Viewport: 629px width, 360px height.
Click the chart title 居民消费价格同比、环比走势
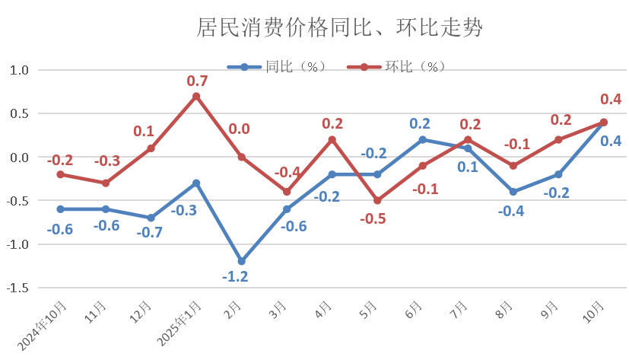[x=339, y=28]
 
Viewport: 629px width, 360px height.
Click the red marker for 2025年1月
[x=196, y=97]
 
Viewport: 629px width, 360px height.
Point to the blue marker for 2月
[x=241, y=261]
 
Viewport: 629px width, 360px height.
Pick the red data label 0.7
[x=197, y=80]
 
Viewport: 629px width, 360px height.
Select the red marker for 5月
[x=377, y=201]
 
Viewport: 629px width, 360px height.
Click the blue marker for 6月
[x=422, y=139]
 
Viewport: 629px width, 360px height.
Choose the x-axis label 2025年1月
[x=184, y=320]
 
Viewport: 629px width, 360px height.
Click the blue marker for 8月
[x=513, y=192]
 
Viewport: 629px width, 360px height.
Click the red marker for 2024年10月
[x=60, y=174]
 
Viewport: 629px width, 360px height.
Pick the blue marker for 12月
[x=151, y=218]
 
